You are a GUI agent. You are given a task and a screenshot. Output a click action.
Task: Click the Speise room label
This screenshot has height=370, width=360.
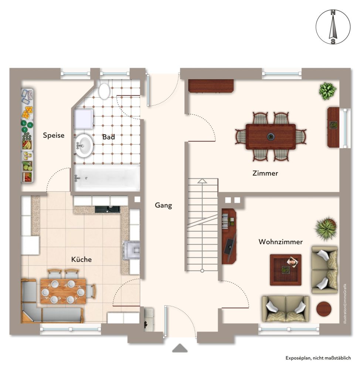tap(54, 135)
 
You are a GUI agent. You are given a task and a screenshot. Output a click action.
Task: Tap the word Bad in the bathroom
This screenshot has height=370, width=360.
tap(108, 137)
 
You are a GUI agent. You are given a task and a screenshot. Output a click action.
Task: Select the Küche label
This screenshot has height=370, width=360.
tap(81, 259)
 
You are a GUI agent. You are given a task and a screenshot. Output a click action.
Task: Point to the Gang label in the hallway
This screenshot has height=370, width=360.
tap(163, 205)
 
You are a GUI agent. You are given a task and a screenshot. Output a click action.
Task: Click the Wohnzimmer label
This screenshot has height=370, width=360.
tap(281, 242)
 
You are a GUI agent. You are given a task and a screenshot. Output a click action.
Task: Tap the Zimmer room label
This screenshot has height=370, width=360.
tap(265, 173)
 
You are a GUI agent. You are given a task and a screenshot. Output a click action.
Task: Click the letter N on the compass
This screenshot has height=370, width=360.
tap(333, 13)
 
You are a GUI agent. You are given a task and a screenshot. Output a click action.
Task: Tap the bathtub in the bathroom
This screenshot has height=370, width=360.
tap(107, 178)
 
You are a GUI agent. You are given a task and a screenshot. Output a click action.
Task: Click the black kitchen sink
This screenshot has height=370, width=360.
tap(107, 209)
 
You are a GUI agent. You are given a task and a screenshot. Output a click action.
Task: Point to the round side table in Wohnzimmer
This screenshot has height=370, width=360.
tap(324, 309)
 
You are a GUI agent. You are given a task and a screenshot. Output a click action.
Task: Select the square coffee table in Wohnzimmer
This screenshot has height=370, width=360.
tap(285, 270)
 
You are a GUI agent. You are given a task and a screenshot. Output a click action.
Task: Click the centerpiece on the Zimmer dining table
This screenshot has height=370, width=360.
tap(271, 136)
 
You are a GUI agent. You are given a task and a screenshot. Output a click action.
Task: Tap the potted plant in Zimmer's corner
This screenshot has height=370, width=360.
tap(327, 91)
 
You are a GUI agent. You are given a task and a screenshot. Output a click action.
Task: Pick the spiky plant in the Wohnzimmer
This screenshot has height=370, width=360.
tap(326, 228)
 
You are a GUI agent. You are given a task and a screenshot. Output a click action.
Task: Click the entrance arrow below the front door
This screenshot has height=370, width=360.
tap(180, 348)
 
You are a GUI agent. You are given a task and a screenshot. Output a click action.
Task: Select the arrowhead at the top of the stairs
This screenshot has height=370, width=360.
tap(202, 181)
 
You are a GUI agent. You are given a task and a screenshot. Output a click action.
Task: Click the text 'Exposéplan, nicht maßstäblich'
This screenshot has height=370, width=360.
tap(318, 358)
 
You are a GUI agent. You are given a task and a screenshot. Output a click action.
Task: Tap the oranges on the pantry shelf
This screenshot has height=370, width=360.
tap(28, 112)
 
